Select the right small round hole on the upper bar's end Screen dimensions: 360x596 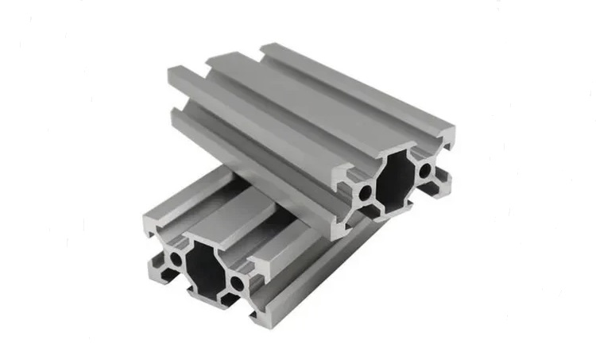[x=425, y=168]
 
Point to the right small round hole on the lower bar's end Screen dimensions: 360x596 [x=237, y=282]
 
